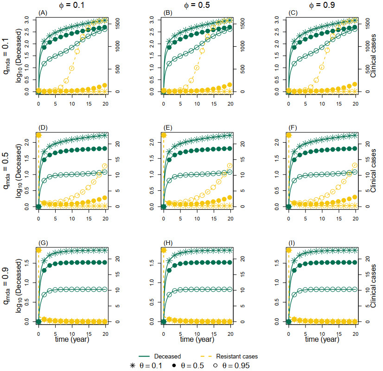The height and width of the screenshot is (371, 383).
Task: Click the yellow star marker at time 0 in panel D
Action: pos(38,135)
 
